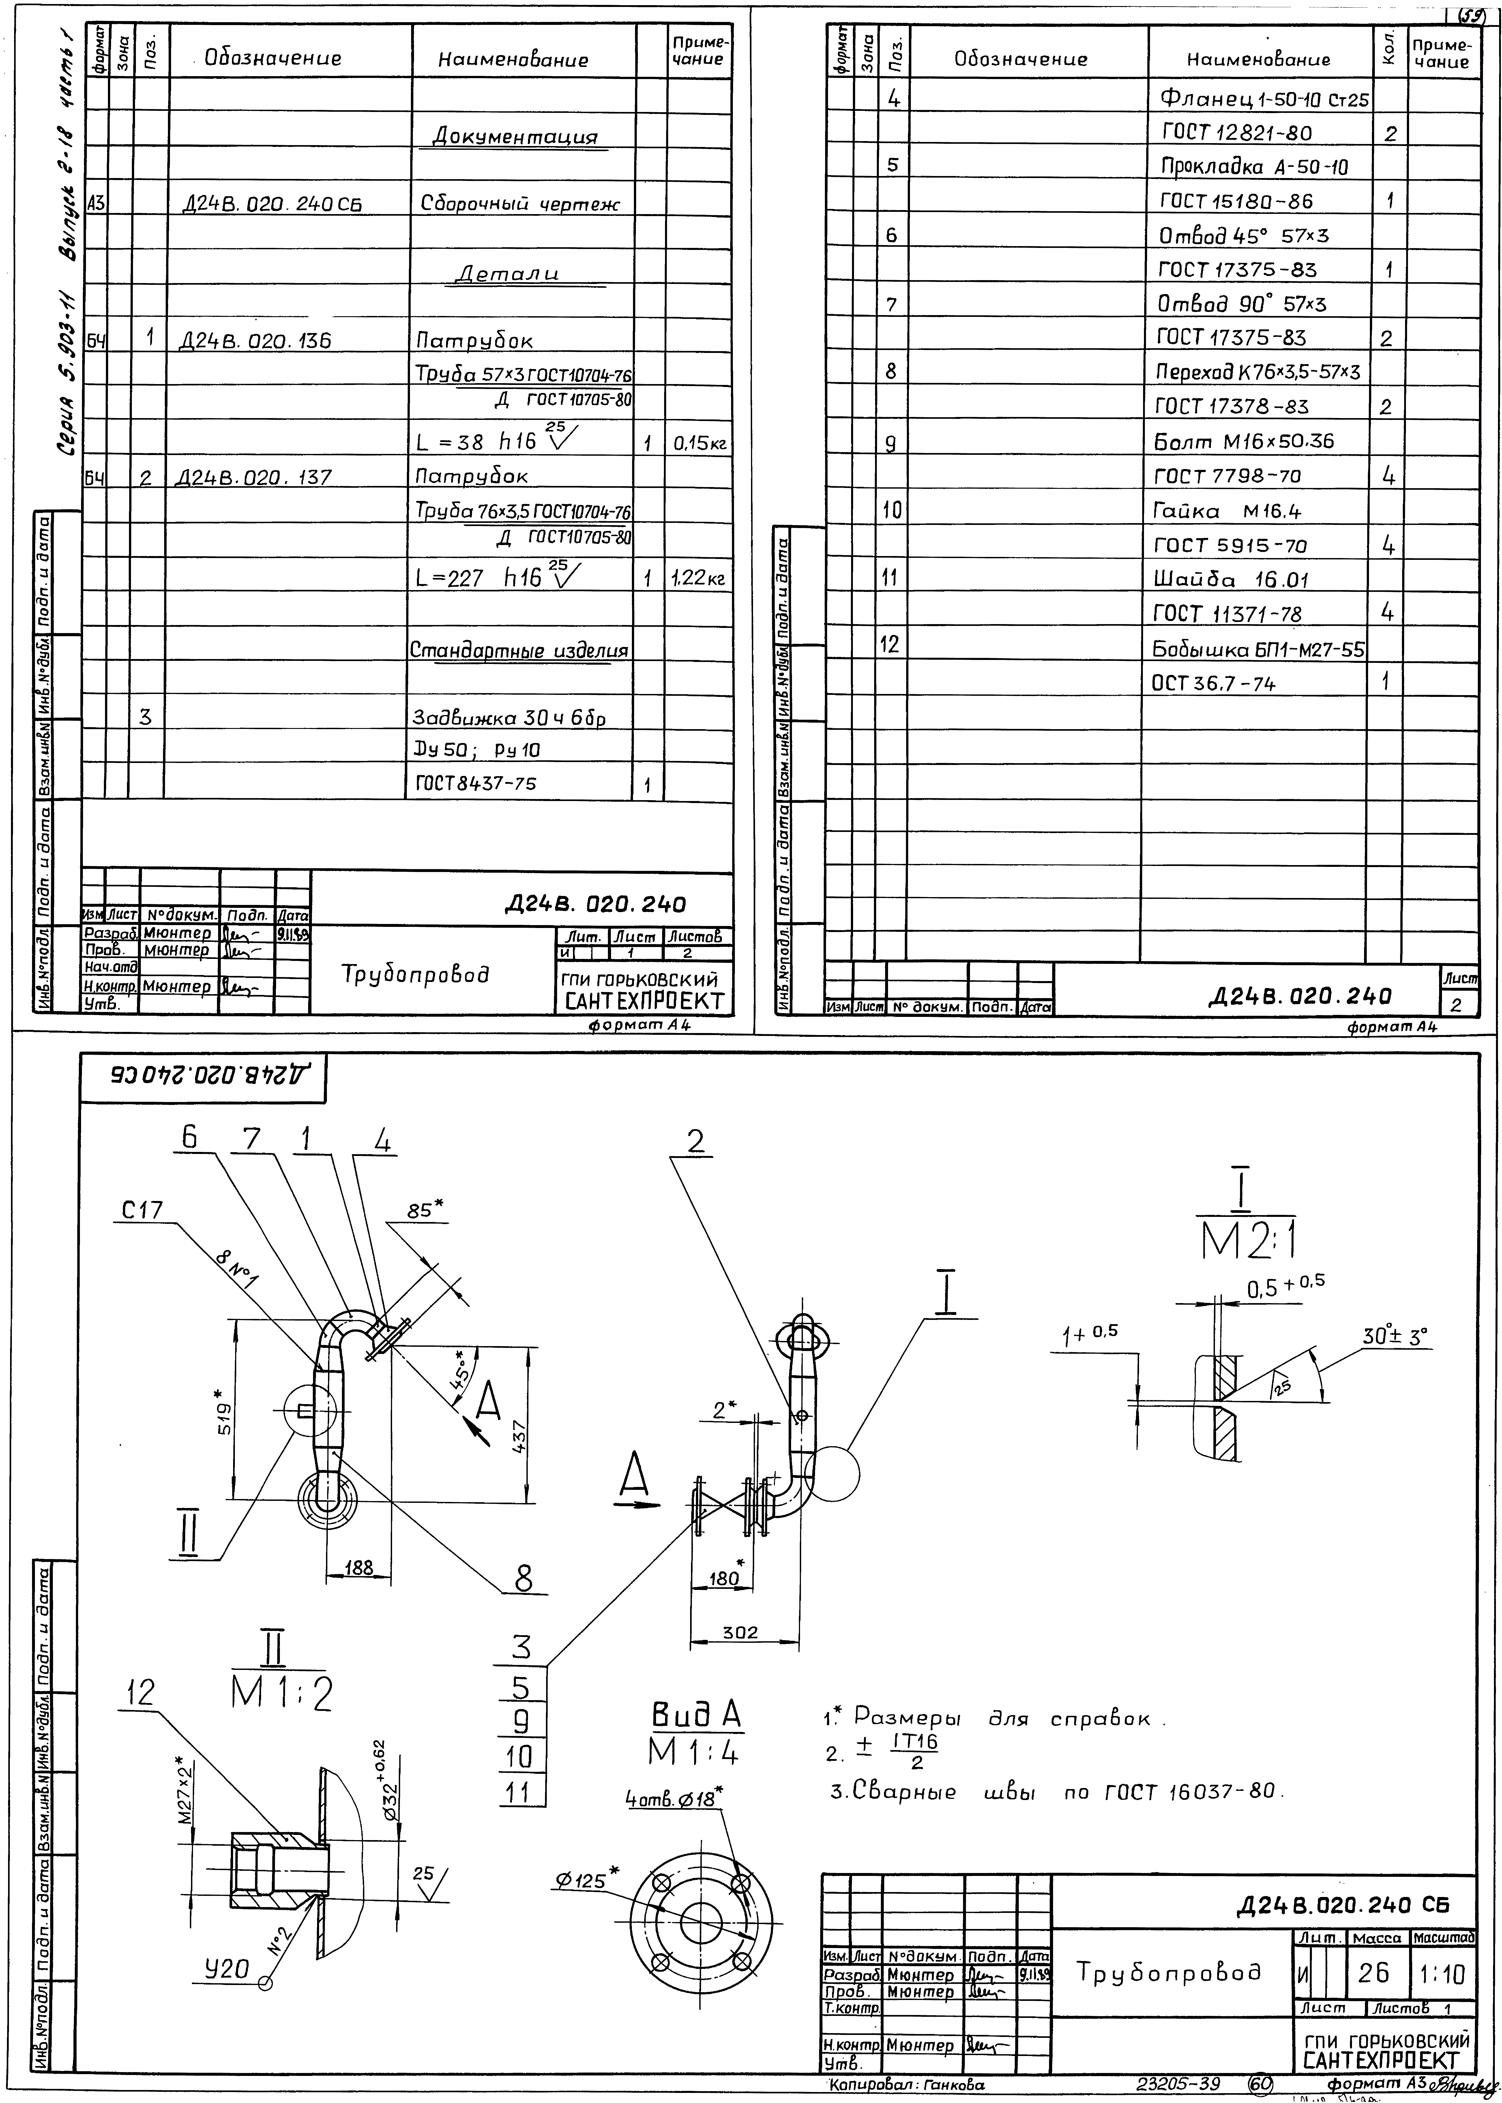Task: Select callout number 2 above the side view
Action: pos(695,1143)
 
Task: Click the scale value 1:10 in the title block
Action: pos(1442,1974)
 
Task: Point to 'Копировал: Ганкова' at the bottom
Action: pos(906,2084)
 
